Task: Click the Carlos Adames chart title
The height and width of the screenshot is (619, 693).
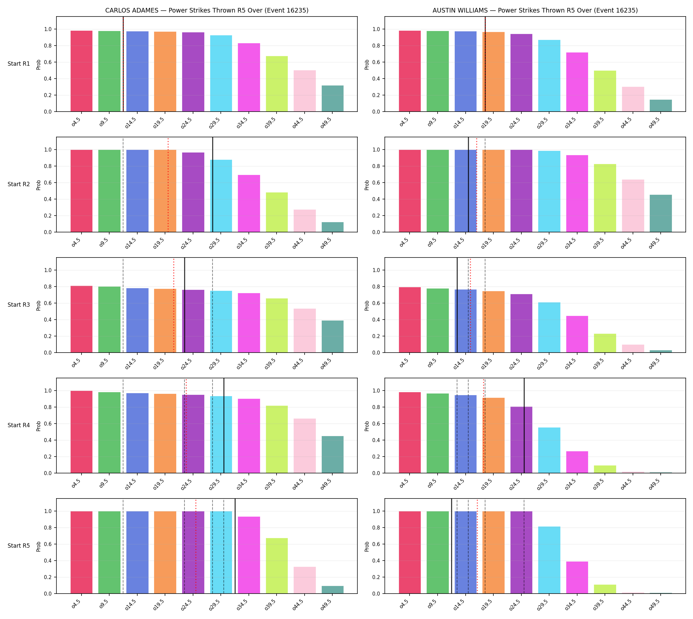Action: click(x=207, y=11)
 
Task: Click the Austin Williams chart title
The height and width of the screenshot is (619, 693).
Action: click(x=535, y=11)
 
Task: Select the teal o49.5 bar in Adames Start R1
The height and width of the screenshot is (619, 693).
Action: click(x=332, y=99)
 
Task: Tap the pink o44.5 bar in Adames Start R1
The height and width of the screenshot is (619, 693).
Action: click(x=304, y=91)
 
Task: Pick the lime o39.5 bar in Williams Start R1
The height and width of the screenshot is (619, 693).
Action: click(x=605, y=91)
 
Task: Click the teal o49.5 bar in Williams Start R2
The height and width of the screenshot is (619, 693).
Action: click(x=660, y=214)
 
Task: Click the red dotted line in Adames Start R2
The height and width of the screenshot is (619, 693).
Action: click(x=168, y=185)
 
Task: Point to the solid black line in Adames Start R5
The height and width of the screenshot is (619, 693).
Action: click(x=235, y=546)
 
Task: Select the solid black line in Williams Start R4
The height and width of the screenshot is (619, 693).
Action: click(x=524, y=426)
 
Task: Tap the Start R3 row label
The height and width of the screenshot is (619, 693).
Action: click(x=19, y=305)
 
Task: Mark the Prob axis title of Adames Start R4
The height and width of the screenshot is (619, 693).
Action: click(x=38, y=426)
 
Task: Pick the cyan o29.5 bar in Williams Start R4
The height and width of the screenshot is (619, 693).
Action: click(x=549, y=450)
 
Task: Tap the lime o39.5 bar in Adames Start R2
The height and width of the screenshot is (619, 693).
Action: click(x=277, y=212)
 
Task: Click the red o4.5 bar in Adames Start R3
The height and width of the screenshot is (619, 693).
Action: click(x=81, y=319)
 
